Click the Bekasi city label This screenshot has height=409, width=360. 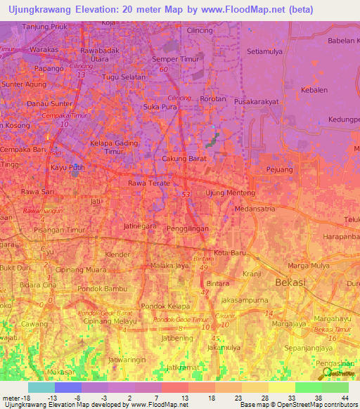point(304,282)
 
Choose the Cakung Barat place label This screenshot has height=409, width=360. point(184,159)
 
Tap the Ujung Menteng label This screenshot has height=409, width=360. point(227,193)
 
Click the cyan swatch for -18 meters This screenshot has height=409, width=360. point(41,387)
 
